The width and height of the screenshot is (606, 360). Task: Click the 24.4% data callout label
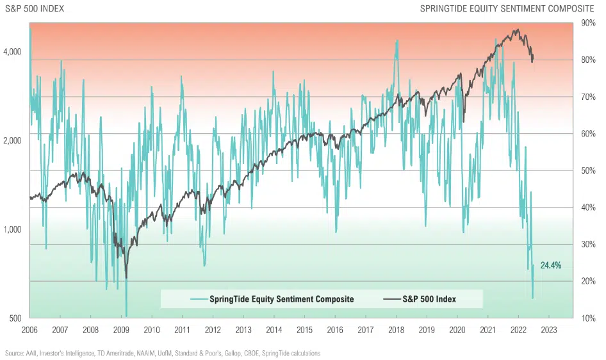(x=551, y=265)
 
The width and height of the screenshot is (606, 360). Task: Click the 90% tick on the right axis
(x=587, y=23)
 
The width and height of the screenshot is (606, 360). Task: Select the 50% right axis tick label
(x=587, y=170)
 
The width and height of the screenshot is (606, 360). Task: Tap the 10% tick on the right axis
(x=587, y=318)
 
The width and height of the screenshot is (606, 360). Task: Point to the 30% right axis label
(x=587, y=245)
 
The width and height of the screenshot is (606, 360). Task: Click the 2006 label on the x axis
(x=29, y=331)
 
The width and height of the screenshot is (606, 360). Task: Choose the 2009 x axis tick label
(x=121, y=331)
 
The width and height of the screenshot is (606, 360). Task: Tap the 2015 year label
(x=304, y=331)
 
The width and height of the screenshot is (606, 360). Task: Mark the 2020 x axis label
(x=457, y=331)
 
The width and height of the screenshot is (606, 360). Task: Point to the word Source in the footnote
(x=14, y=353)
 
